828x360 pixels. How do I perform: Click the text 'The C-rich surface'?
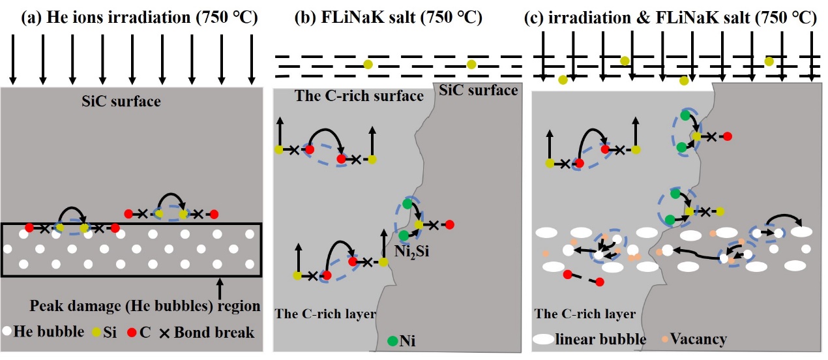[359, 97]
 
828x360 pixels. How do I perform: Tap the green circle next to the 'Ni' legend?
[392, 340]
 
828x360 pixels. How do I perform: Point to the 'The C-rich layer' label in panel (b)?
[326, 314]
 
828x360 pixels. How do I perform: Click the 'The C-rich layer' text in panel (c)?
[585, 314]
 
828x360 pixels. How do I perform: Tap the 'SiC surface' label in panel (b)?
[479, 90]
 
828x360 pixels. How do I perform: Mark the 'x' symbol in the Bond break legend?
[164, 333]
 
